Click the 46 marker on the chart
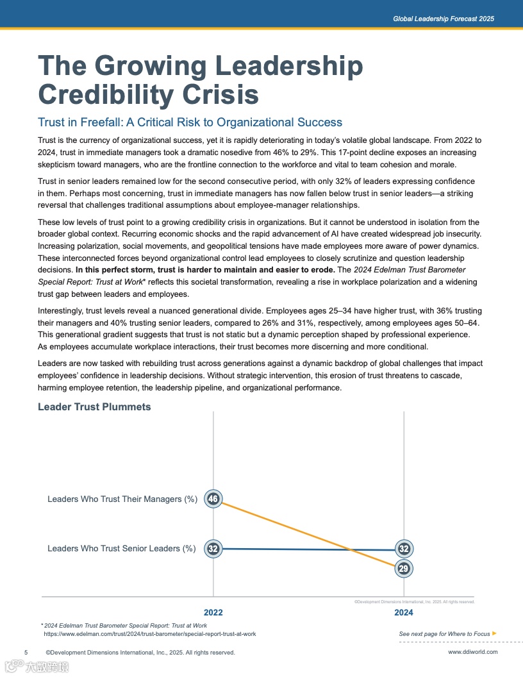[x=213, y=499]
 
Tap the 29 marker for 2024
[x=404, y=569]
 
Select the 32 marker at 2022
[x=213, y=549]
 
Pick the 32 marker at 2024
[x=404, y=549]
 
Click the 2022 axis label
[x=213, y=613]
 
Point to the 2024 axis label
[x=404, y=613]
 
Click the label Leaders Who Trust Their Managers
[x=122, y=499]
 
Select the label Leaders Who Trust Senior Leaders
[x=122, y=549]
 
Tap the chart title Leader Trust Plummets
[x=94, y=407]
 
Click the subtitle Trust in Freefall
[x=190, y=122]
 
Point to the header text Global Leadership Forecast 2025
[x=444, y=19]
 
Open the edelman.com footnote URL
[x=150, y=634]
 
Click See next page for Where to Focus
[x=444, y=634]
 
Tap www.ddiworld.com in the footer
[x=472, y=653]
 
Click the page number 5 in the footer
[x=26, y=653]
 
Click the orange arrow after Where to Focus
[x=494, y=633]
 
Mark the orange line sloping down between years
[x=308, y=533]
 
